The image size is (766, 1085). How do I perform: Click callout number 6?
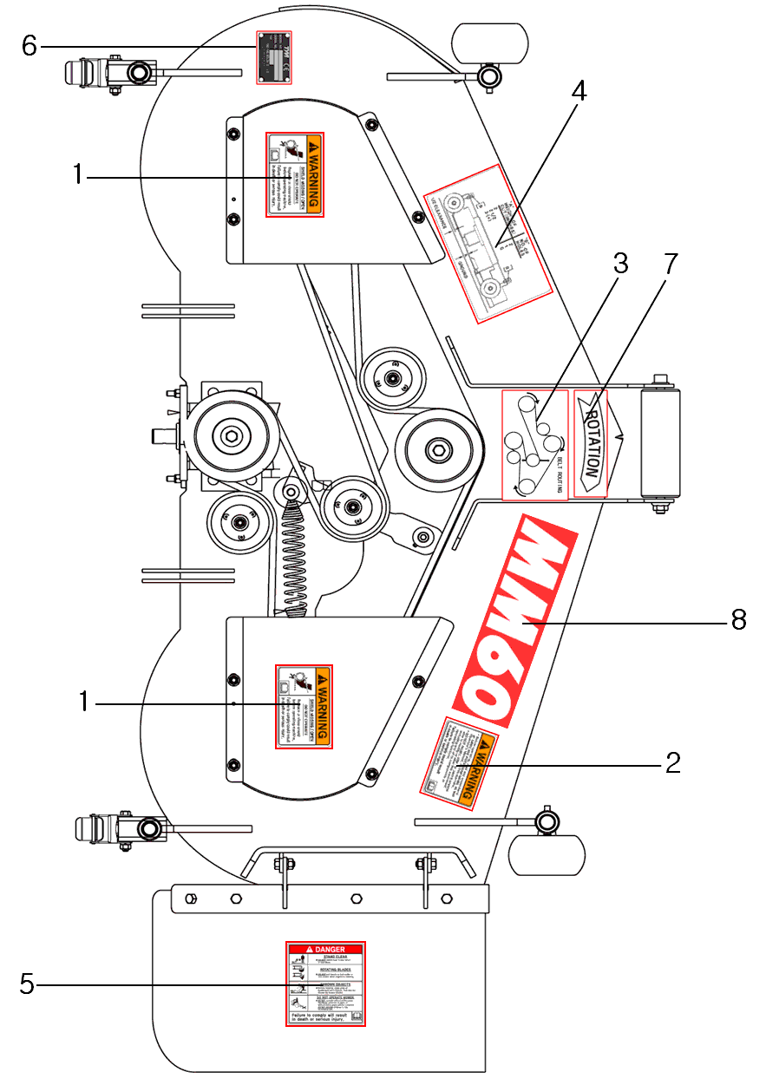click(29, 45)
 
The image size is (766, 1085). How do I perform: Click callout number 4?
click(579, 91)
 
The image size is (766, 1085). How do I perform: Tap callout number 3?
click(619, 265)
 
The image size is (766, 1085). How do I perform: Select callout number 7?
click(670, 265)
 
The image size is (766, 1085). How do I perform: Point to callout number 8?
click(738, 621)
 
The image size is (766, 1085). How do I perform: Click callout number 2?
click(673, 762)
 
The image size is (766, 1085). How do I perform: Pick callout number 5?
click(28, 984)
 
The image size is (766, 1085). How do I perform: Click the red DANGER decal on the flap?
click(326, 984)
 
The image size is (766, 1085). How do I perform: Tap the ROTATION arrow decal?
click(593, 444)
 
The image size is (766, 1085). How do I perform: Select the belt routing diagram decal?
click(535, 445)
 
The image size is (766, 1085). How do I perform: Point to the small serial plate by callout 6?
click(274, 57)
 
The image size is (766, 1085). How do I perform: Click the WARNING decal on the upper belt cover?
click(294, 174)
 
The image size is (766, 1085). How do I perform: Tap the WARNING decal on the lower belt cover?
click(304, 706)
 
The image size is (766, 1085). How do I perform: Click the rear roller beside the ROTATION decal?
click(660, 442)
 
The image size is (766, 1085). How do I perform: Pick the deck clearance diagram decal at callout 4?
click(488, 243)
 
